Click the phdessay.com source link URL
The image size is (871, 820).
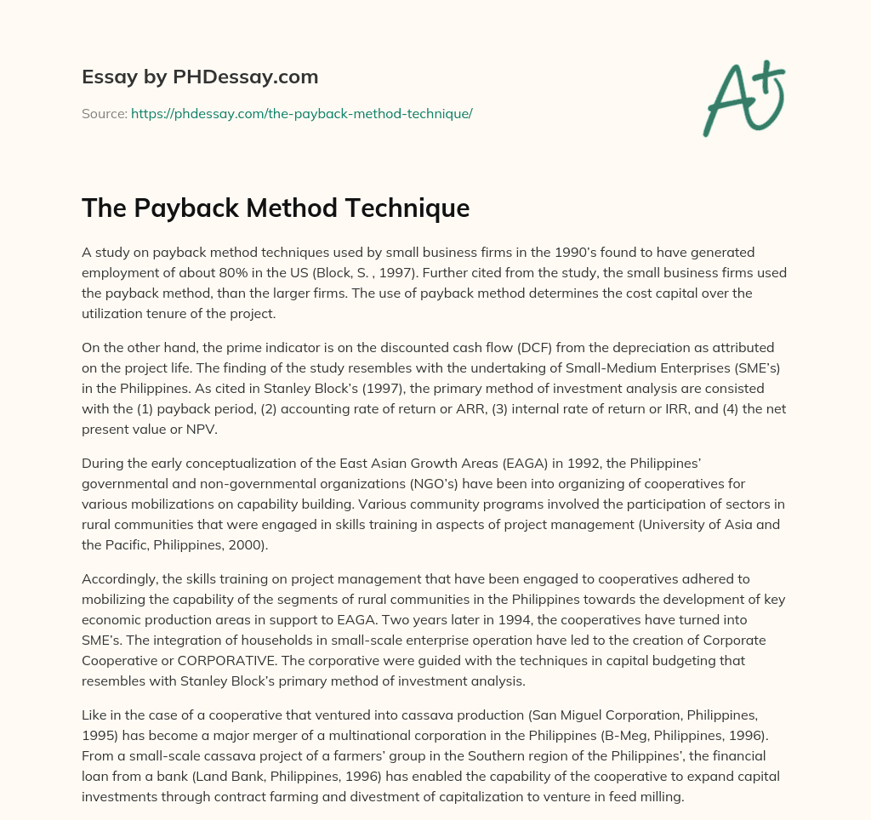point(302,113)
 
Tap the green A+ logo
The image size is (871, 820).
point(743,98)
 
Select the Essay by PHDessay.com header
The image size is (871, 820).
point(200,77)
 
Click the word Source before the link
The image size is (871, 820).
point(103,113)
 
